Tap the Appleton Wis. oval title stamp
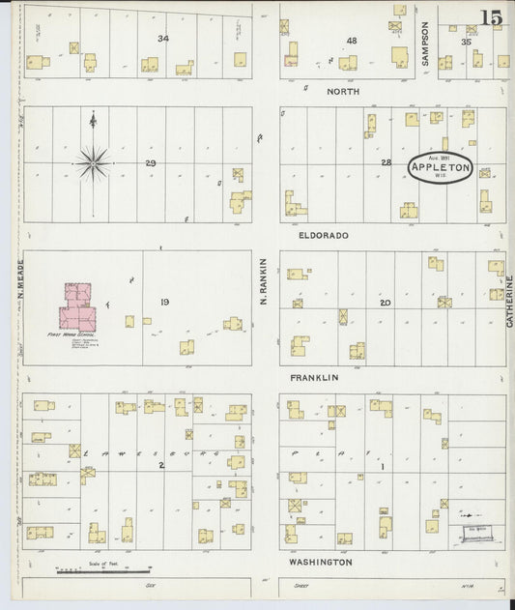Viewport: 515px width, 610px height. [x=441, y=167]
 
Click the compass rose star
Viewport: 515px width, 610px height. [x=93, y=160]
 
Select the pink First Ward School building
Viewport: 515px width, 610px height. [x=78, y=307]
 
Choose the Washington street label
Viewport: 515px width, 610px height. [x=318, y=562]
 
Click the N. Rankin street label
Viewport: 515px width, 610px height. [x=262, y=290]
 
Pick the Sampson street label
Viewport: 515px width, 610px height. [x=425, y=44]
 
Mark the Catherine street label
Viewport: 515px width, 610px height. [x=508, y=302]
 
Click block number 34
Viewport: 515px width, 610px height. [x=163, y=39]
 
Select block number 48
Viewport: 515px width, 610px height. [x=352, y=41]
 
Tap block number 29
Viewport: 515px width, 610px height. [x=150, y=162]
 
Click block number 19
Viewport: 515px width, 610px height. [x=165, y=303]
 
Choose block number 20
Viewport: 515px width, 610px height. [x=385, y=303]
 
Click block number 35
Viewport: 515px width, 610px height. [x=466, y=42]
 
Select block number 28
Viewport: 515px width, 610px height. [x=386, y=162]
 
